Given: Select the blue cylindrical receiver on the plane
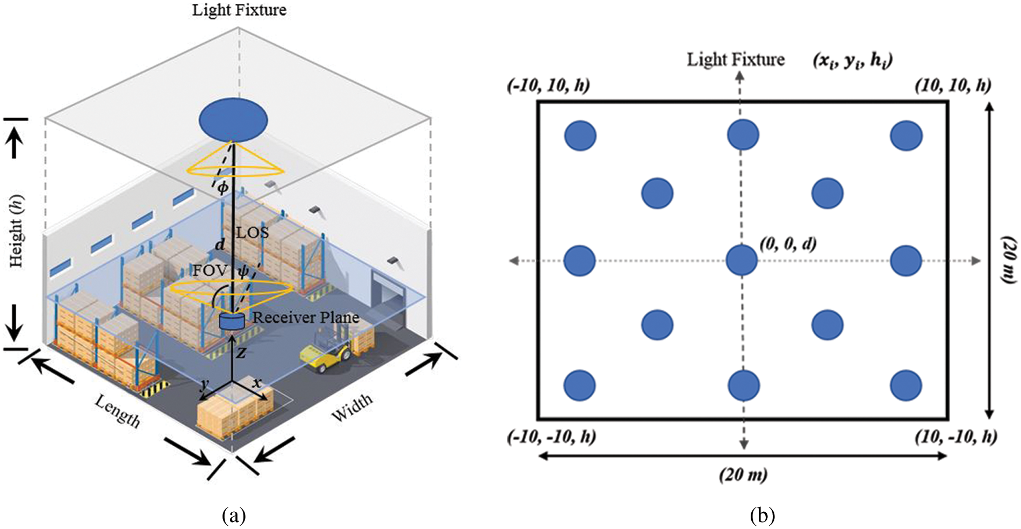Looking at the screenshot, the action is click(232, 321).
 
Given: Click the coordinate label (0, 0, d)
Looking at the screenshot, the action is click(788, 245).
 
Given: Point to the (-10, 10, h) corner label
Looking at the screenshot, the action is click(549, 85).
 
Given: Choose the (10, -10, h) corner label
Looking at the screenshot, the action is click(956, 437).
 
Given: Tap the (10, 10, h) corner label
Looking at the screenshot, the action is click(953, 85).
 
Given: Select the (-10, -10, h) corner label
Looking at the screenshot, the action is click(552, 437).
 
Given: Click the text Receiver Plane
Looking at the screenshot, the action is click(306, 317).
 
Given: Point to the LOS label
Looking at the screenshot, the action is click(253, 232).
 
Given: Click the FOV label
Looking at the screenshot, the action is click(210, 270).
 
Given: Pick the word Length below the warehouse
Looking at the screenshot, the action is click(118, 411).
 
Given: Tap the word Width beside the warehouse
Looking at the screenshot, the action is click(352, 408).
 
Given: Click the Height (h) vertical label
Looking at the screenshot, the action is click(17, 230).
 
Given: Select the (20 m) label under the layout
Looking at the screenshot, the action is click(743, 475).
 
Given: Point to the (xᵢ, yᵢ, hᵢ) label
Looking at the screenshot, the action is click(853, 60).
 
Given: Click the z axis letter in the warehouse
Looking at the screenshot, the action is click(242, 353).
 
